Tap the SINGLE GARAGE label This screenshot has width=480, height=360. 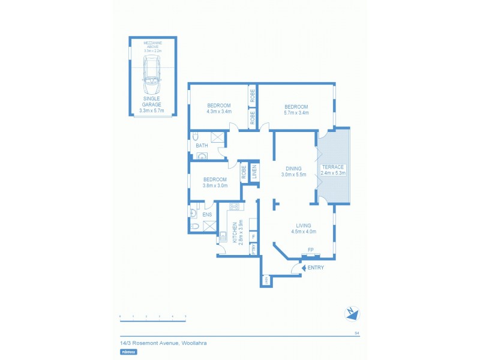click(151, 101)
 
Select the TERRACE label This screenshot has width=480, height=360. click(334, 167)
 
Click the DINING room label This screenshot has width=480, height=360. click(294, 169)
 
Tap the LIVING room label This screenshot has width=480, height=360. click(303, 225)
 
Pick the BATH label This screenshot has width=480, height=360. click(199, 145)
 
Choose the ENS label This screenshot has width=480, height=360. click(207, 214)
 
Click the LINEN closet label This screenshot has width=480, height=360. click(254, 173)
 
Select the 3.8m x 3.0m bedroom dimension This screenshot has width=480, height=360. click(215, 186)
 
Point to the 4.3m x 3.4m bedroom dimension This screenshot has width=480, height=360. click(218, 112)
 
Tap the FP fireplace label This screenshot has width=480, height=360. click(311, 250)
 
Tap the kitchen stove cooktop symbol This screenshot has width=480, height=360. click(234, 207)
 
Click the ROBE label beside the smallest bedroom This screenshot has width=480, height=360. click(244, 173)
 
